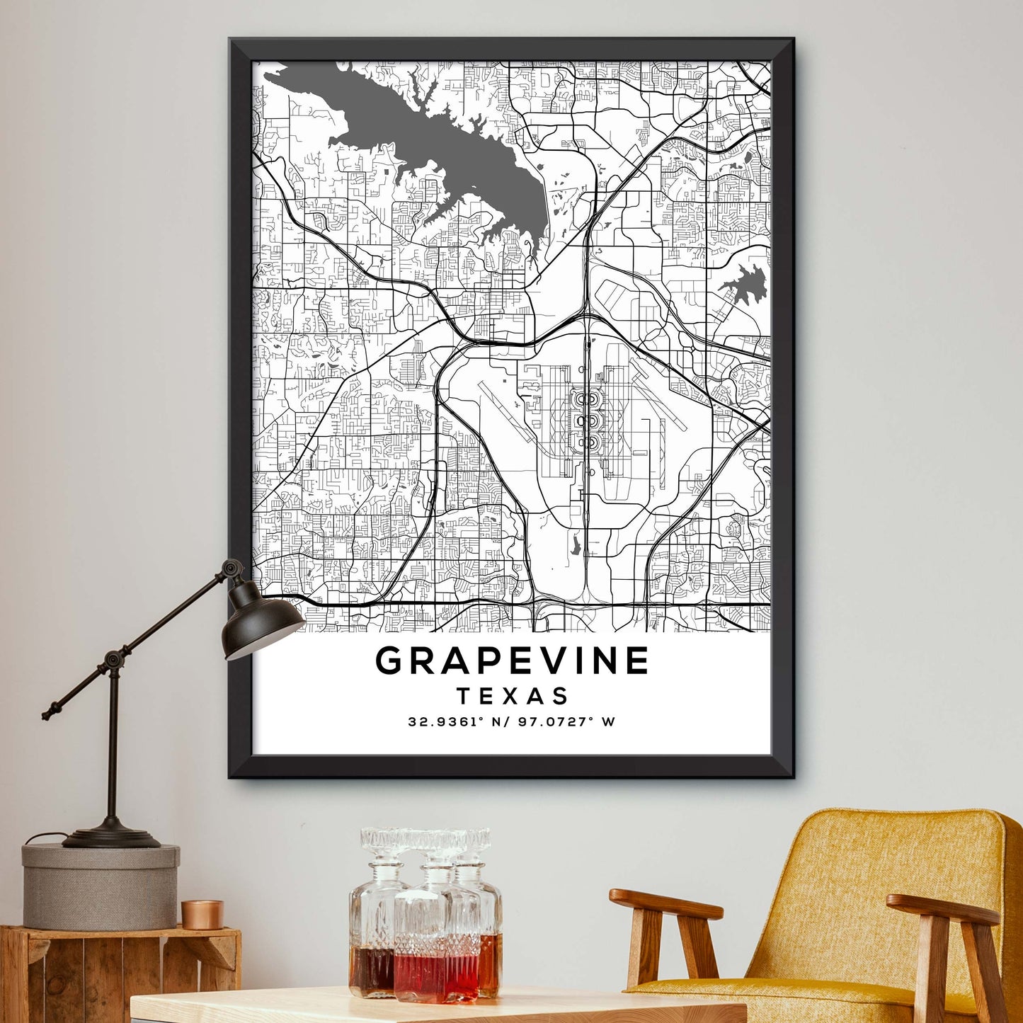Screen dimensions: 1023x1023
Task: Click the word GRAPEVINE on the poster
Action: tap(512, 661)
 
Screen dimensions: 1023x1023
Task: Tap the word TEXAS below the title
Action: tap(513, 696)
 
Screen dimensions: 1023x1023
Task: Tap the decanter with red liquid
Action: tap(436, 949)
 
